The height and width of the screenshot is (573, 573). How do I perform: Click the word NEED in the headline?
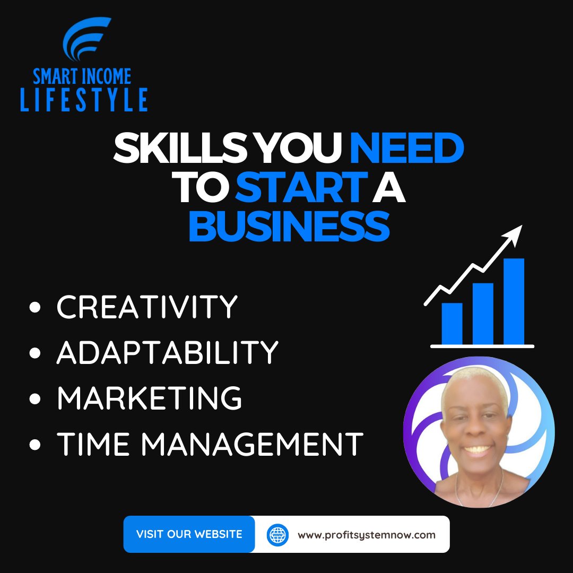[x=406, y=150]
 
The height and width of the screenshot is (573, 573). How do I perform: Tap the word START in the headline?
[x=301, y=189]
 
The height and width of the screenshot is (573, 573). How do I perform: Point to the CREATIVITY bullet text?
[x=147, y=307]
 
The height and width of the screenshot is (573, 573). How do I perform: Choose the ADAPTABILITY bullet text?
[x=167, y=352]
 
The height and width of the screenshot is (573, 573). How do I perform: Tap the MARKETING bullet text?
[x=149, y=398]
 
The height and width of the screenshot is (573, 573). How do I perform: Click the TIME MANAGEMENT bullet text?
[x=210, y=444]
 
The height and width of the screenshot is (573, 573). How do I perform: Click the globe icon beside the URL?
[x=277, y=534]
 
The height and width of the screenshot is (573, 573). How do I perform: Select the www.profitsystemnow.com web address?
[x=367, y=535]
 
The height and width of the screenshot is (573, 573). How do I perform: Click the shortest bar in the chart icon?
[x=452, y=324]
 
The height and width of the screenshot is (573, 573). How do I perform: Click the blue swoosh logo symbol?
[x=85, y=40]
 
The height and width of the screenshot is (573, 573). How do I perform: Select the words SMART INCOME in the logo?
[x=82, y=77]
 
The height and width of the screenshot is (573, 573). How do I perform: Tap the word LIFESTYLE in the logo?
[x=84, y=100]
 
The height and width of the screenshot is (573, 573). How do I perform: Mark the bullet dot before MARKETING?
[x=36, y=399]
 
